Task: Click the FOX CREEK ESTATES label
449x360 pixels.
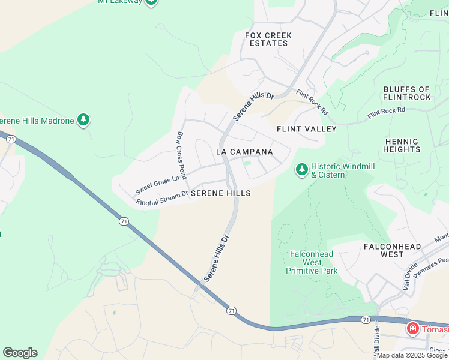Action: [x=268, y=40]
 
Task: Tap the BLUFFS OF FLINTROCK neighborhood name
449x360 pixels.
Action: [x=407, y=94]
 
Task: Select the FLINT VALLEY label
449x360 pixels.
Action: [x=306, y=129]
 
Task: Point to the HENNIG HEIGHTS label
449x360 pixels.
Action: [x=402, y=145]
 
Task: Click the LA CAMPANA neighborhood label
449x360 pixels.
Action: [x=244, y=152]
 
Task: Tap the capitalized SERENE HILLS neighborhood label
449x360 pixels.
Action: [x=220, y=194]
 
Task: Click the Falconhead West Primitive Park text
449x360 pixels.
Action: [x=311, y=262]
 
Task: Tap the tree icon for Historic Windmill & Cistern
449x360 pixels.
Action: [x=301, y=170]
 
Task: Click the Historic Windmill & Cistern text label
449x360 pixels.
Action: [x=328, y=170]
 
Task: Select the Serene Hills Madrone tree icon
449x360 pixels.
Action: [x=84, y=121]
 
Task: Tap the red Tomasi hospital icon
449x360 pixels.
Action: [x=413, y=328]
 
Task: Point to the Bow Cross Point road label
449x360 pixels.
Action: [x=181, y=154]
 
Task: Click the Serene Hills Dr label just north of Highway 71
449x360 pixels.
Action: [x=217, y=257]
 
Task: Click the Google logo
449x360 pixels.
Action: [x=20, y=353]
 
